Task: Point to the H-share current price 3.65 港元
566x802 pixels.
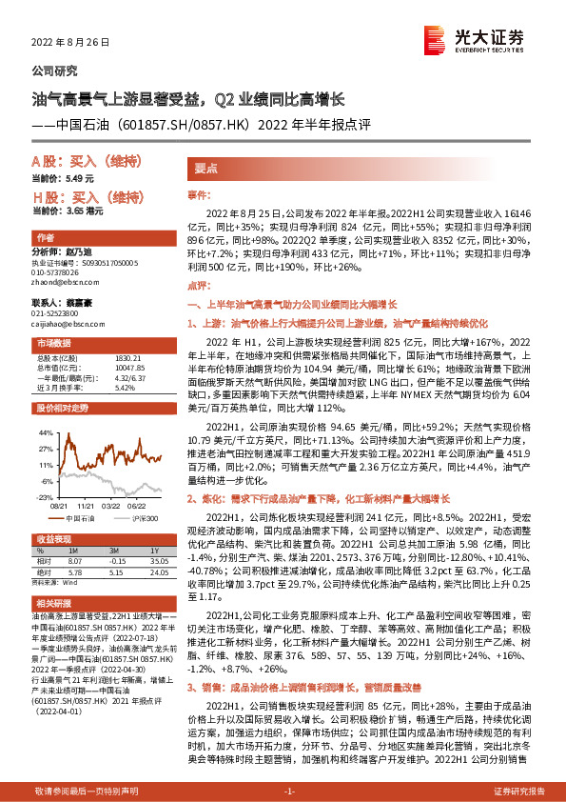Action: tap(84, 211)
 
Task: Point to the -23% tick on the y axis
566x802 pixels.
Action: tap(43, 497)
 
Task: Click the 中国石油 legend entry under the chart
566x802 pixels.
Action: tap(81, 517)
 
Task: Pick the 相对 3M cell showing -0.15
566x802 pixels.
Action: tap(119, 561)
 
